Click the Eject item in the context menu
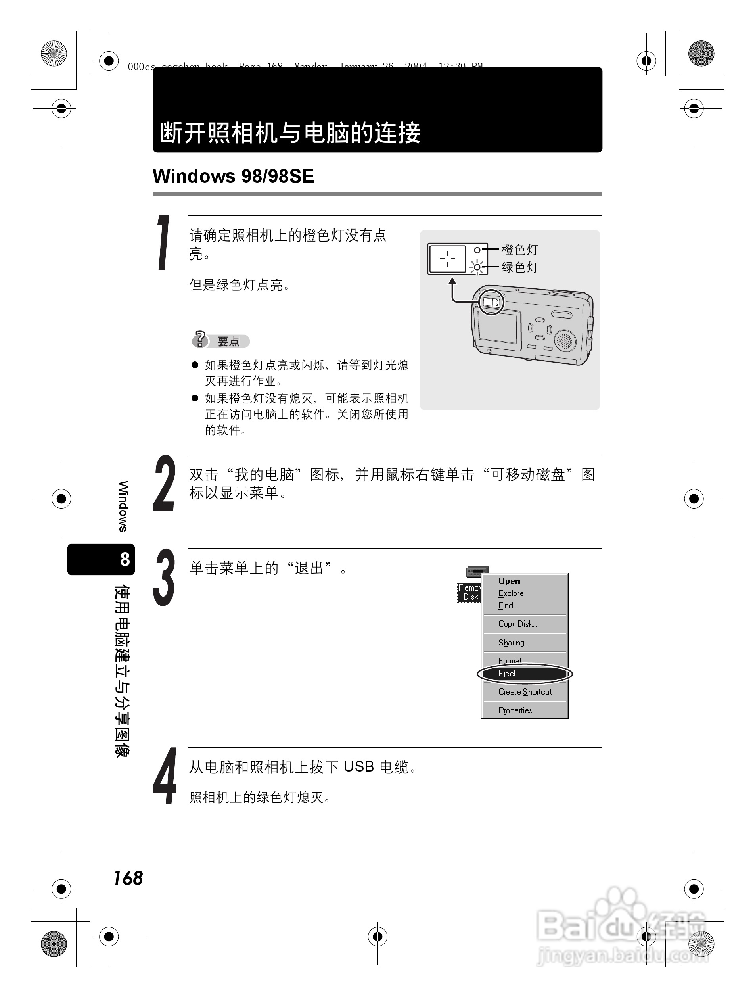507,674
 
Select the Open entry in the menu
509,582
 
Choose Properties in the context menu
515,710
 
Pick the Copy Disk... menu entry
518,624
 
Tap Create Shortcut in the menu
525,692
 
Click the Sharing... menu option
514,643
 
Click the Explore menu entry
511,594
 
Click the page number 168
128,878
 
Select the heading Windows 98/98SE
233,177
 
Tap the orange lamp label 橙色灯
519,249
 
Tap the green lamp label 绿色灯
519,267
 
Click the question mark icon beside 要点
199,339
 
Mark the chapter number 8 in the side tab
125,559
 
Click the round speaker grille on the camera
565,341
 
